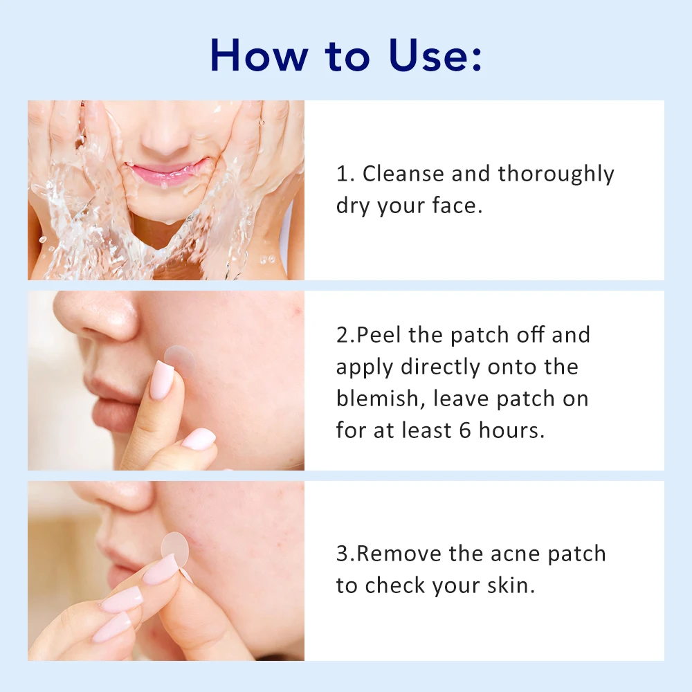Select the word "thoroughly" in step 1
pyautogui.click(x=556, y=174)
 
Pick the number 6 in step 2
pyautogui.click(x=466, y=430)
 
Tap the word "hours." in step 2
pyautogui.click(x=511, y=430)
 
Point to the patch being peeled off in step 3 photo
pyautogui.click(x=175, y=549)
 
